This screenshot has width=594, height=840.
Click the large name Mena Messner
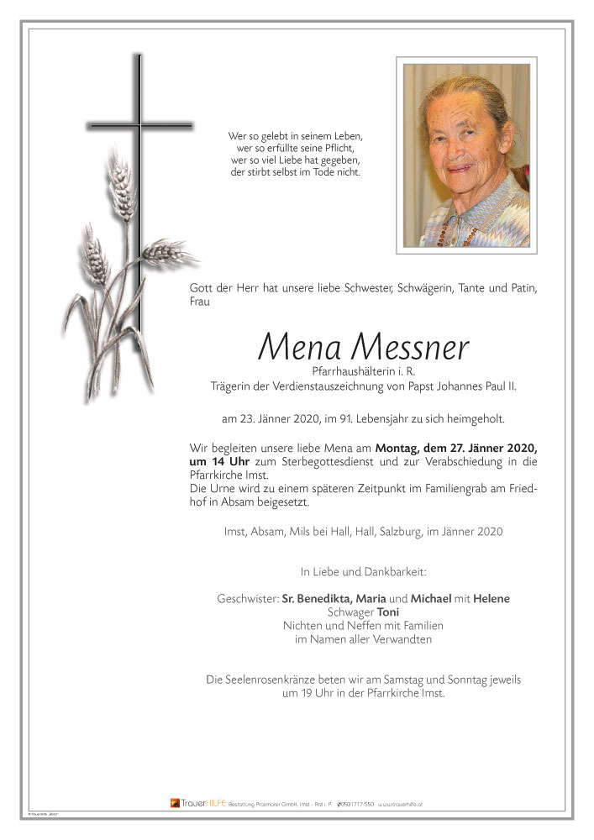click(x=363, y=346)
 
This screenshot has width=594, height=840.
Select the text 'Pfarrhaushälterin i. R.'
click(x=363, y=371)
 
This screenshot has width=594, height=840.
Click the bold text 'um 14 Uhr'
click(x=221, y=462)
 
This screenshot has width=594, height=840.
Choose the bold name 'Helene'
click(x=491, y=598)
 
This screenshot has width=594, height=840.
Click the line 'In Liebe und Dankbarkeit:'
click(x=363, y=572)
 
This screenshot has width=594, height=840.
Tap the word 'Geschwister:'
click(x=247, y=598)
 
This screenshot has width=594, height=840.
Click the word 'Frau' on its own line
click(x=200, y=303)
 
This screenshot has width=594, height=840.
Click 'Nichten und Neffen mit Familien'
click(x=363, y=626)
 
